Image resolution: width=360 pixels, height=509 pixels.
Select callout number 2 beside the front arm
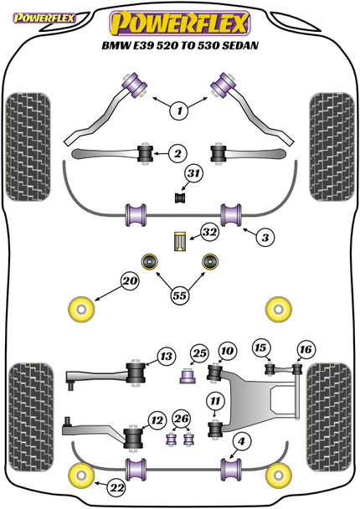point(177,152)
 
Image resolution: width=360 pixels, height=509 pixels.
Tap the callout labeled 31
point(194,173)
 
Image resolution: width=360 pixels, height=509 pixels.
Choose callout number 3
point(265,238)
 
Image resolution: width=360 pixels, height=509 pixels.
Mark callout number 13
point(165,356)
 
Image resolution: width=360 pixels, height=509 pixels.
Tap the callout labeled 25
point(198,353)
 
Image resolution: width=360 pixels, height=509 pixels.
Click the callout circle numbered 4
point(241,441)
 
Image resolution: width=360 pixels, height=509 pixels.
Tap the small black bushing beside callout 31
point(177,198)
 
